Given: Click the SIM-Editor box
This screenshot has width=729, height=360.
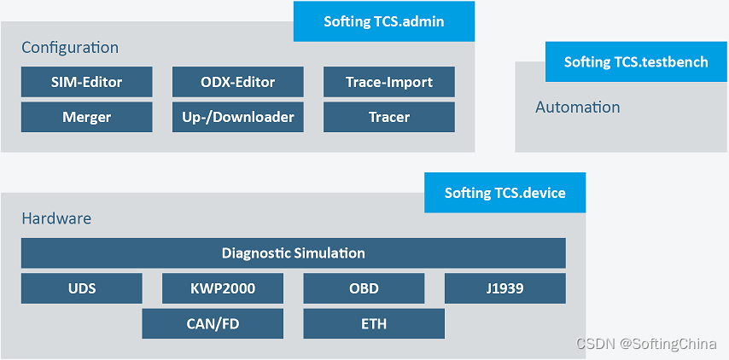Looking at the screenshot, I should [x=86, y=82].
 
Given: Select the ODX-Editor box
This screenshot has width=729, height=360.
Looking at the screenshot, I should [x=237, y=82].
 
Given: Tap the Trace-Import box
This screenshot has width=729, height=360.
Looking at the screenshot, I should [x=388, y=82].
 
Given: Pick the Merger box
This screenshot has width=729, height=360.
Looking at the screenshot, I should [x=86, y=117].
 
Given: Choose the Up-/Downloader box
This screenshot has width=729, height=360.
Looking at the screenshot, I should [x=237, y=117].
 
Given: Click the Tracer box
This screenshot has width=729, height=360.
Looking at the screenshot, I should [x=388, y=117].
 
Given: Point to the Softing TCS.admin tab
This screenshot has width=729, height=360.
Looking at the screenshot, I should [x=383, y=21].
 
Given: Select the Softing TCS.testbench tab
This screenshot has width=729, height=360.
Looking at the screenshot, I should [x=636, y=61].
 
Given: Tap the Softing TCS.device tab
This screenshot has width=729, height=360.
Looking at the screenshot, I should [x=504, y=193].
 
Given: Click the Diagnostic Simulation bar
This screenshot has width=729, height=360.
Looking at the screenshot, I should [x=293, y=253].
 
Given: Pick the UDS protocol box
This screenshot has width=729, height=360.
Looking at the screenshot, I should [x=82, y=288].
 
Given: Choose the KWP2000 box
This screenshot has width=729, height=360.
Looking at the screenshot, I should [x=222, y=288].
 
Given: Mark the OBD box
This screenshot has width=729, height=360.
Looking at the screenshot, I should [x=364, y=288].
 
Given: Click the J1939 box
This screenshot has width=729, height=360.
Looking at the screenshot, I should [x=504, y=288].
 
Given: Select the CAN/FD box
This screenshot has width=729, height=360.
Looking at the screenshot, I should [x=212, y=324].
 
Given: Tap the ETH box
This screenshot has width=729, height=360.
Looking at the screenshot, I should [x=373, y=324].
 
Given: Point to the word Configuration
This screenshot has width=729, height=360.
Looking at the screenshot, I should [x=70, y=48].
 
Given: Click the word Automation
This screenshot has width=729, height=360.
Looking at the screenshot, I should [x=577, y=107].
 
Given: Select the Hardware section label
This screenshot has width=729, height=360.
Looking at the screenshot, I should [x=56, y=218].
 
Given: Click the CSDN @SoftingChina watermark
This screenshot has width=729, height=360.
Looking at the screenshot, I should [x=646, y=344].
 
